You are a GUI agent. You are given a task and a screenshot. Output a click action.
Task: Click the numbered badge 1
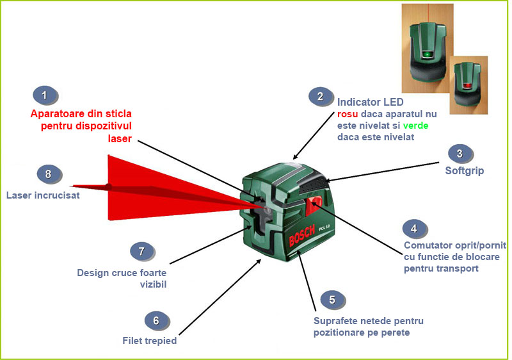44,96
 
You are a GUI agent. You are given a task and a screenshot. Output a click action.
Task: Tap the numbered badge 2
320,97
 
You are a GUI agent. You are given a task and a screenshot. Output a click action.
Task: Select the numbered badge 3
460,154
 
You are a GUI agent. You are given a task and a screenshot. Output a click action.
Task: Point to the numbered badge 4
414,228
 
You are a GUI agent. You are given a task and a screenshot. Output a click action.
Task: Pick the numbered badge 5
332,299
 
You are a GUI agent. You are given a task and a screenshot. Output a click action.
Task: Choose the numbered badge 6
156,319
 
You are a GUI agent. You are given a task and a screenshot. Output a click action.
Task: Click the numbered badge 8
47,174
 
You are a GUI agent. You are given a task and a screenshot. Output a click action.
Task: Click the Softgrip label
464,172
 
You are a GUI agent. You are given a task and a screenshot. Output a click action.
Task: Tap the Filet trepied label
149,341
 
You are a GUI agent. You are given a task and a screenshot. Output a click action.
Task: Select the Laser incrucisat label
43,195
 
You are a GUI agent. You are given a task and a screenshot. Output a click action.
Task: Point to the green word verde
415,126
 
